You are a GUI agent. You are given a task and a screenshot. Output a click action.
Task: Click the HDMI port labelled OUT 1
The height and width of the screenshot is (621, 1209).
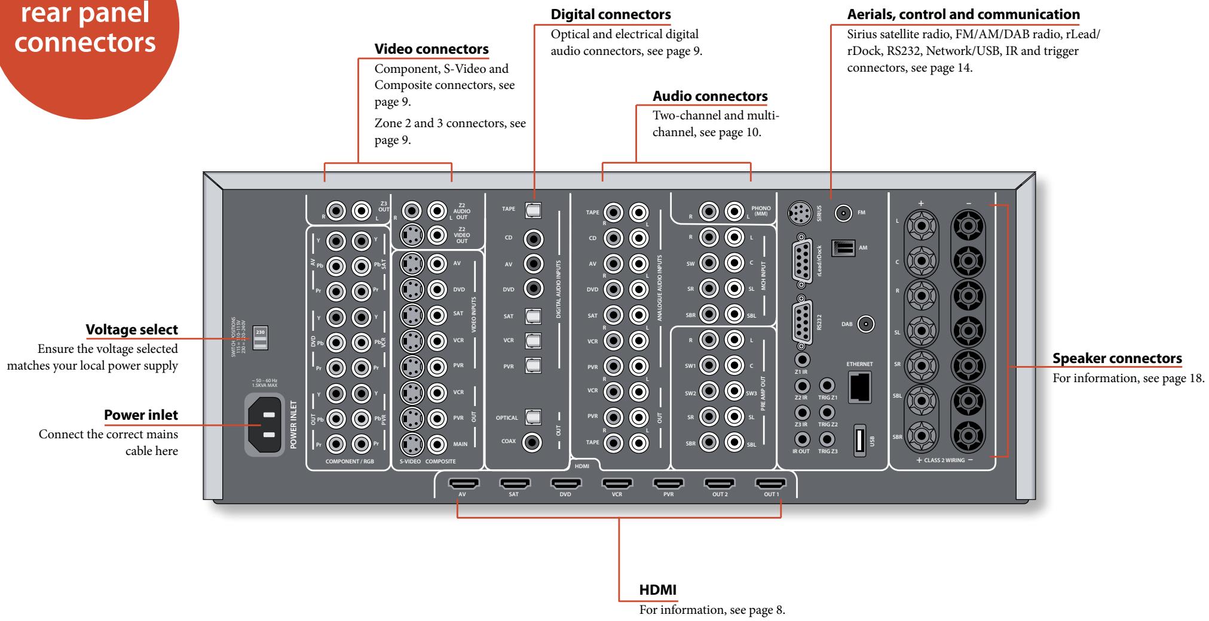pyautogui.click(x=770, y=483)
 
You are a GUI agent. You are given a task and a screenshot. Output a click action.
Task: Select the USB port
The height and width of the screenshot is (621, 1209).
pyautogui.click(x=859, y=441)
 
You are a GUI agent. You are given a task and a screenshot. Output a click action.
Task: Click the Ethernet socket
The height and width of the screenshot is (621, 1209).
pyautogui.click(x=859, y=387)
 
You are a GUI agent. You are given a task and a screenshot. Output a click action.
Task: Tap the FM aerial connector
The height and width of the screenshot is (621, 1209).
pyautogui.click(x=843, y=213)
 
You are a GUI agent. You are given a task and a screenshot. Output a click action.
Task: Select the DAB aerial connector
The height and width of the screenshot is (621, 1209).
pyautogui.click(x=865, y=324)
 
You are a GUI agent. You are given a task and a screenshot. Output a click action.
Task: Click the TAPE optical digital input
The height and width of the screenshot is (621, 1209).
pyautogui.click(x=532, y=210)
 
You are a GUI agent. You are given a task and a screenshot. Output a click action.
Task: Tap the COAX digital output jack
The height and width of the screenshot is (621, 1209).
pyautogui.click(x=532, y=442)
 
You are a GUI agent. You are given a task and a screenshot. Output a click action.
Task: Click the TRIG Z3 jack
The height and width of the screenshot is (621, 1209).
pyautogui.click(x=827, y=439)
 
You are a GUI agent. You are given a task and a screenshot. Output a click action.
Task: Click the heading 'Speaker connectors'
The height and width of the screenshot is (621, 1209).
pyautogui.click(x=1116, y=358)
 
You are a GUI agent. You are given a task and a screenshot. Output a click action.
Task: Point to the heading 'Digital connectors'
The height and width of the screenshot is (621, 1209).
pyautogui.click(x=610, y=14)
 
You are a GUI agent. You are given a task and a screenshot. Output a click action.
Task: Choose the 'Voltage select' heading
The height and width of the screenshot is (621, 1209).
pyautogui.click(x=131, y=329)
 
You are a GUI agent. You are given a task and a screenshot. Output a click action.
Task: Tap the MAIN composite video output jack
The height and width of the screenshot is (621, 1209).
pyautogui.click(x=437, y=444)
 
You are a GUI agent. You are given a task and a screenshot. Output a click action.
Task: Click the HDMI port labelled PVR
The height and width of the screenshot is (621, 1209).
pyautogui.click(x=668, y=483)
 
